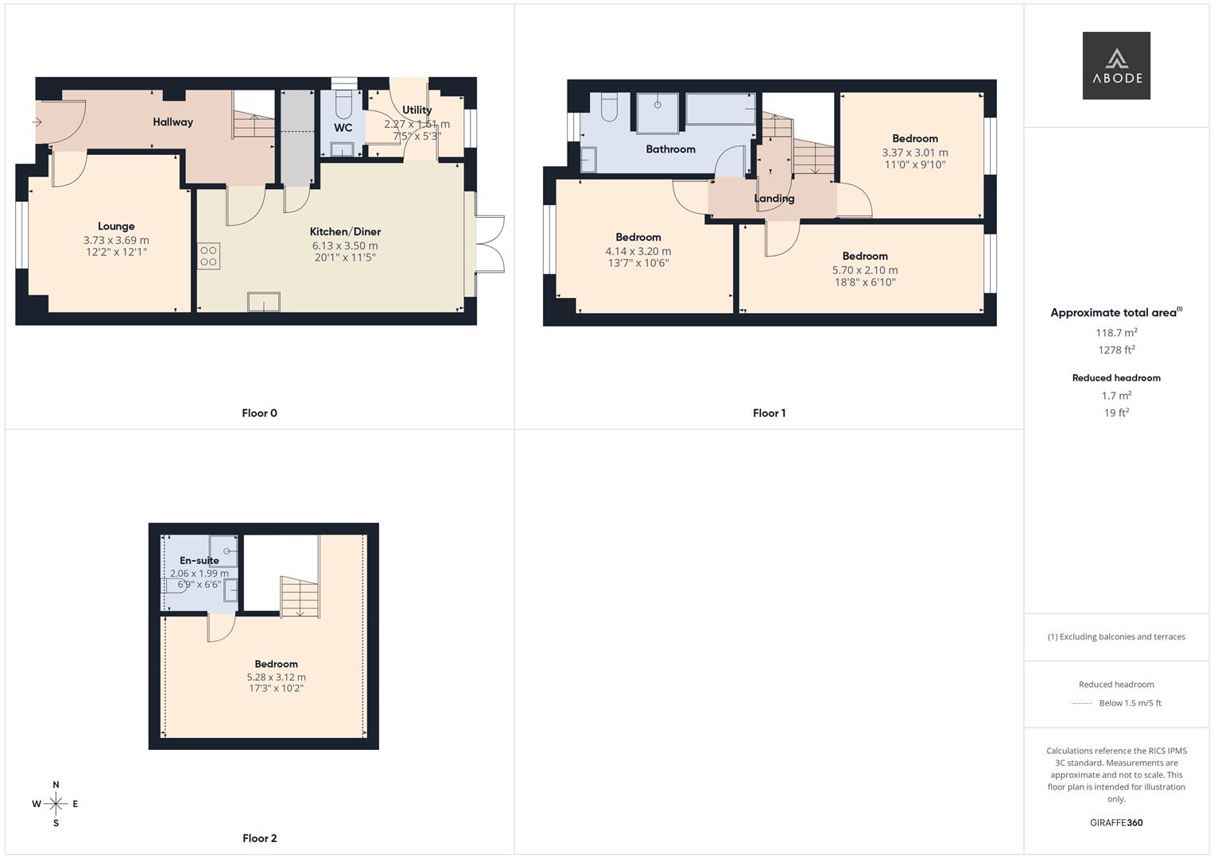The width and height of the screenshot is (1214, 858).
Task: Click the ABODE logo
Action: (x=1115, y=66)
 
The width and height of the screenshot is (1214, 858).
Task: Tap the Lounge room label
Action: (x=116, y=226)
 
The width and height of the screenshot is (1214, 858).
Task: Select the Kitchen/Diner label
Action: (x=345, y=232)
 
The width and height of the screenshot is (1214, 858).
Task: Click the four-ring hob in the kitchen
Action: (x=209, y=256)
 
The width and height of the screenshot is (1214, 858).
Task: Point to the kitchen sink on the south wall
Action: (x=264, y=303)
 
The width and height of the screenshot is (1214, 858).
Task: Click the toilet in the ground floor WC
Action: (x=344, y=104)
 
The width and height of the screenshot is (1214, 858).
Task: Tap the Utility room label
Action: (x=417, y=110)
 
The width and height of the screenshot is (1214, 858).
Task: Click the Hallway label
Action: (x=173, y=122)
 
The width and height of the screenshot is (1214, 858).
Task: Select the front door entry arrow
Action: (x=37, y=122)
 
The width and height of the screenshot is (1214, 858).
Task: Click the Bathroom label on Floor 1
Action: (x=670, y=149)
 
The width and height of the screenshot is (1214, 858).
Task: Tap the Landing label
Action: (x=774, y=199)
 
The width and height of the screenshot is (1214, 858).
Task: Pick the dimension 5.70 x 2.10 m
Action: (x=865, y=270)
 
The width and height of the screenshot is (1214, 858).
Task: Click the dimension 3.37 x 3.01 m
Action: (x=914, y=153)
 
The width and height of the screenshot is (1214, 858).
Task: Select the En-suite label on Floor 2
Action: (x=199, y=560)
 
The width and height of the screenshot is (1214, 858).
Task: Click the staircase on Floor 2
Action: (x=299, y=596)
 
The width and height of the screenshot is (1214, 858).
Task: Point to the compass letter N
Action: (x=56, y=785)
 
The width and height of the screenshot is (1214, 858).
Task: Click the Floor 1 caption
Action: (x=769, y=413)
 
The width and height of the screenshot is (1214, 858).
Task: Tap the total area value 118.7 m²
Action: (x=1116, y=333)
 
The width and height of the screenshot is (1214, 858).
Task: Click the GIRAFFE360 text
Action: (x=1116, y=823)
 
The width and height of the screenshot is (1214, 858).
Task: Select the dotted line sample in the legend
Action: (x=1082, y=703)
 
